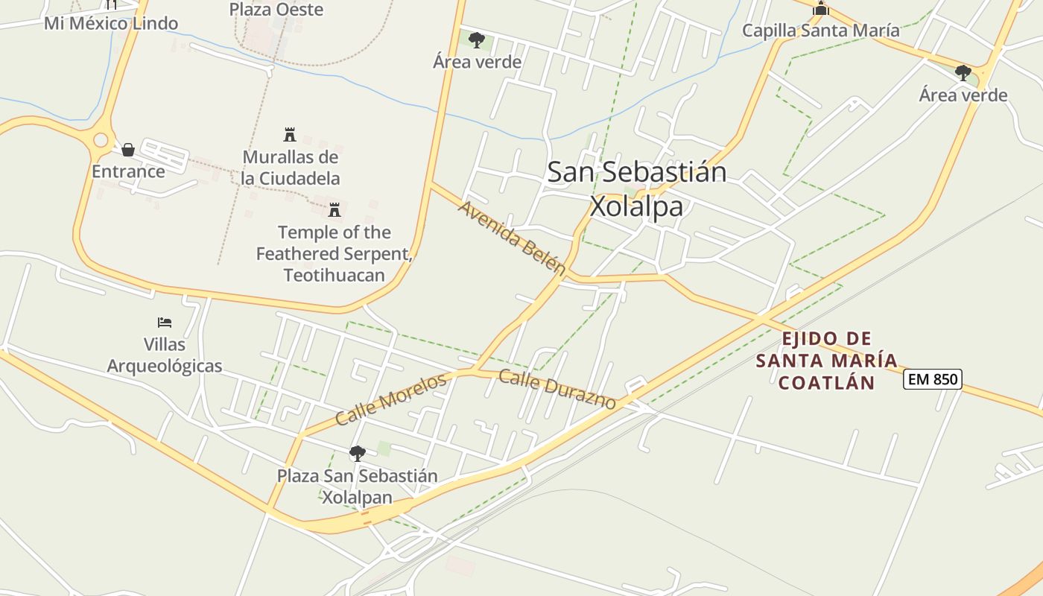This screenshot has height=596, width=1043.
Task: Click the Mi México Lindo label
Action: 111,23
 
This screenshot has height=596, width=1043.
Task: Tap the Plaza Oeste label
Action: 276,10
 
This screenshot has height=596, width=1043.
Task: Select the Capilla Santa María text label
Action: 821,31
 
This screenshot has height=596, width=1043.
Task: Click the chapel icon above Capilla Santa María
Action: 821,9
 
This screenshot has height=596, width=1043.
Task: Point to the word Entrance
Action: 128,171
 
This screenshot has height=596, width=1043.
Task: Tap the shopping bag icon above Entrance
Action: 128,150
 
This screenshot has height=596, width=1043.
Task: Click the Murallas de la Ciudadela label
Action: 291,168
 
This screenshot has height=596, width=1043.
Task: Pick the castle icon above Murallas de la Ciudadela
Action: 291,135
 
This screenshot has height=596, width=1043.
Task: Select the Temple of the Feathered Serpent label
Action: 335,253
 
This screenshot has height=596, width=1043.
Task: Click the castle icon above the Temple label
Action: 335,209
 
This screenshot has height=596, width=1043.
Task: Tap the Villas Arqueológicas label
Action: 165,355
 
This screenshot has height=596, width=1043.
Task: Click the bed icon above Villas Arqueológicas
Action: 165,323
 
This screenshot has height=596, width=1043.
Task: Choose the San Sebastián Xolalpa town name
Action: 637,188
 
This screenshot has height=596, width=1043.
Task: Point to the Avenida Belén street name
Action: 512,236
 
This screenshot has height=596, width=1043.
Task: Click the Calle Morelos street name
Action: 390,399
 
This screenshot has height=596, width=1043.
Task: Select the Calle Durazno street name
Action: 557,389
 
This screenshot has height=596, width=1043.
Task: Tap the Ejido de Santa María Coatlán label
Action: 826,361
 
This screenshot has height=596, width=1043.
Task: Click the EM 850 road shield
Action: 933,379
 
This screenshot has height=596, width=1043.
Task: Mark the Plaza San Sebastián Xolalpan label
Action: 358,486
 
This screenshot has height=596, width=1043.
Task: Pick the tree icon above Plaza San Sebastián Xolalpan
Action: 358,453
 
